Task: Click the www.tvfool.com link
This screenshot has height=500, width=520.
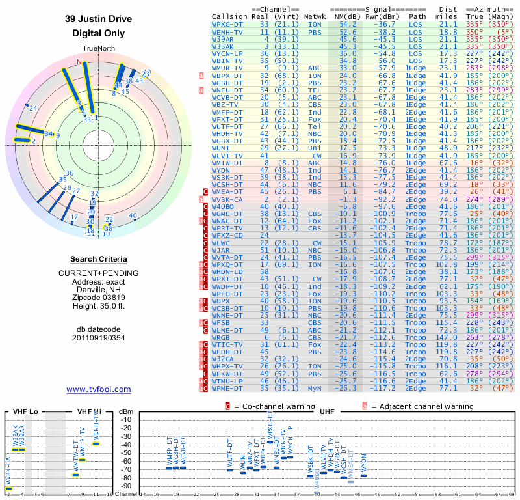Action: tap(99, 389)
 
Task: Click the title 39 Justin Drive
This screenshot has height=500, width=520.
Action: tap(99, 19)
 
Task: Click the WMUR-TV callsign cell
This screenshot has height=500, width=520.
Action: tap(228, 67)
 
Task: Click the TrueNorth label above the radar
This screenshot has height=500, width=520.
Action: tap(99, 49)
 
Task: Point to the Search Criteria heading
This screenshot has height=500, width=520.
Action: tap(99, 259)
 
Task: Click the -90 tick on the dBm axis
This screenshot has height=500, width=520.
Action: tap(126, 486)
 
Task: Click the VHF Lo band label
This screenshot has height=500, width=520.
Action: tap(25, 411)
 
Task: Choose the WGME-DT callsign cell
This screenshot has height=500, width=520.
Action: tap(228, 214)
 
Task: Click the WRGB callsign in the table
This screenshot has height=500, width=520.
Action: tap(220, 338)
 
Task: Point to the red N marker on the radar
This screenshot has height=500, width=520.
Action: tap(79, 62)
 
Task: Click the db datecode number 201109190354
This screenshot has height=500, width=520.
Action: tap(99, 339)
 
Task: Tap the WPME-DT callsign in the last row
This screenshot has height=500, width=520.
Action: tap(228, 388)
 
